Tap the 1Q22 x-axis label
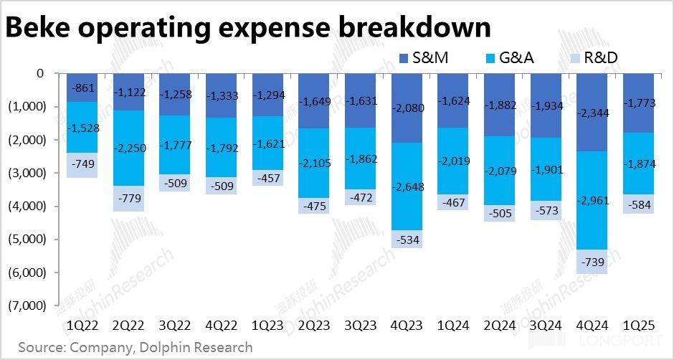point(82,326)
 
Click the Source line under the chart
point(136,348)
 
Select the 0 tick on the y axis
point(39,73)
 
